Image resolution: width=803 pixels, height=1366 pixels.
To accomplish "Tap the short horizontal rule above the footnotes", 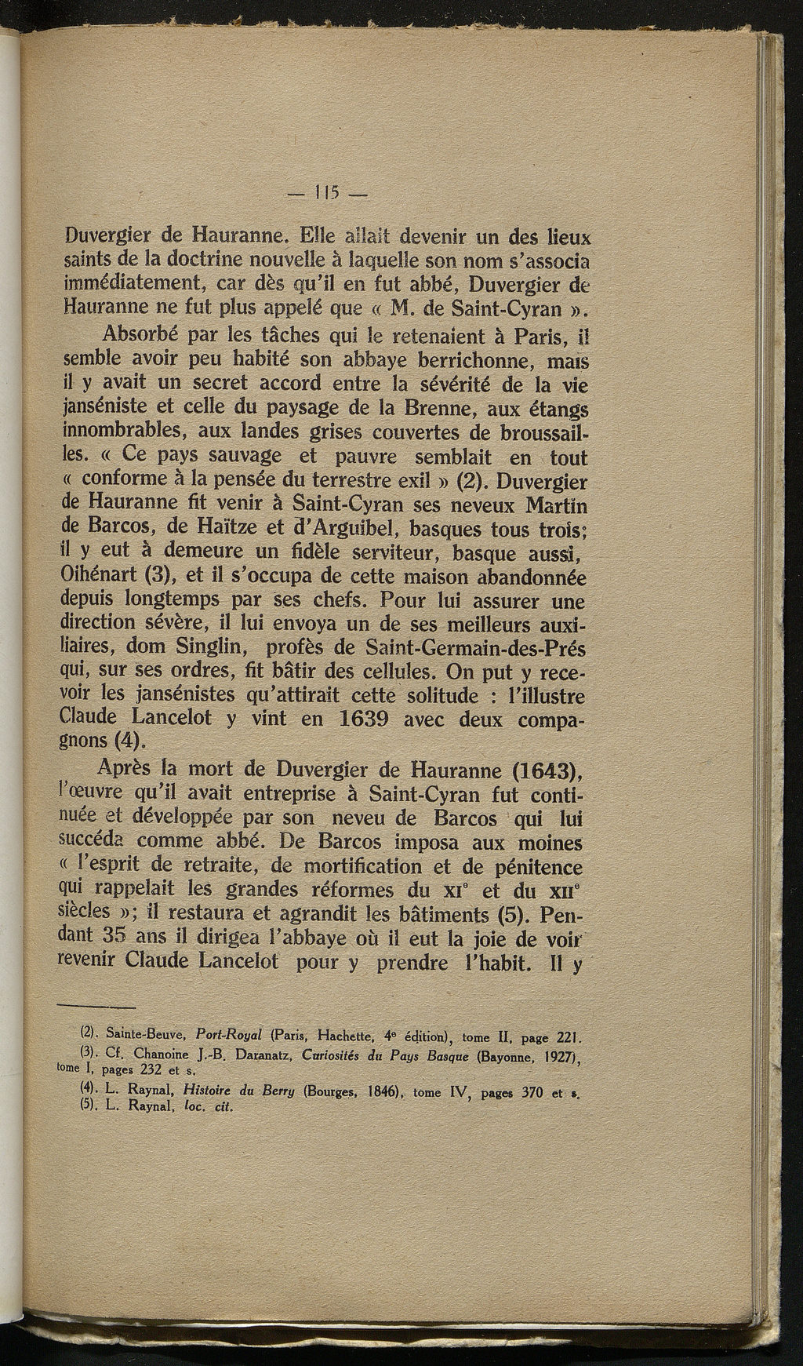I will [x=96, y=1007].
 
